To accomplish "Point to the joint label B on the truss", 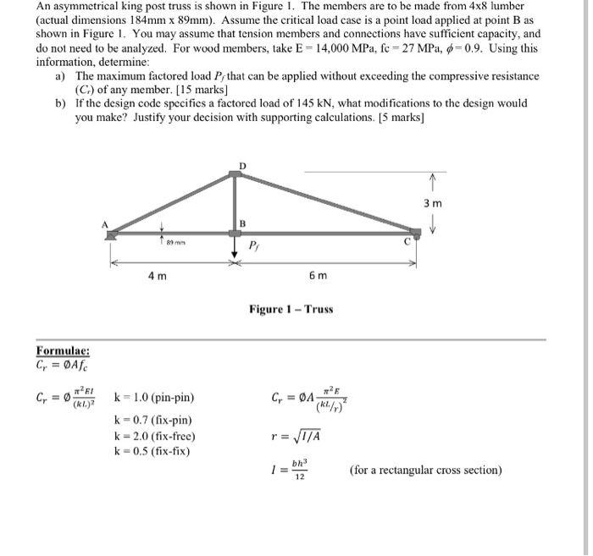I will [x=241, y=223].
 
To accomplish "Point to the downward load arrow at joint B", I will [x=235, y=246].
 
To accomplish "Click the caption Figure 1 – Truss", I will [x=291, y=310].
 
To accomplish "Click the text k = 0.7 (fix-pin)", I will [x=152, y=420].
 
